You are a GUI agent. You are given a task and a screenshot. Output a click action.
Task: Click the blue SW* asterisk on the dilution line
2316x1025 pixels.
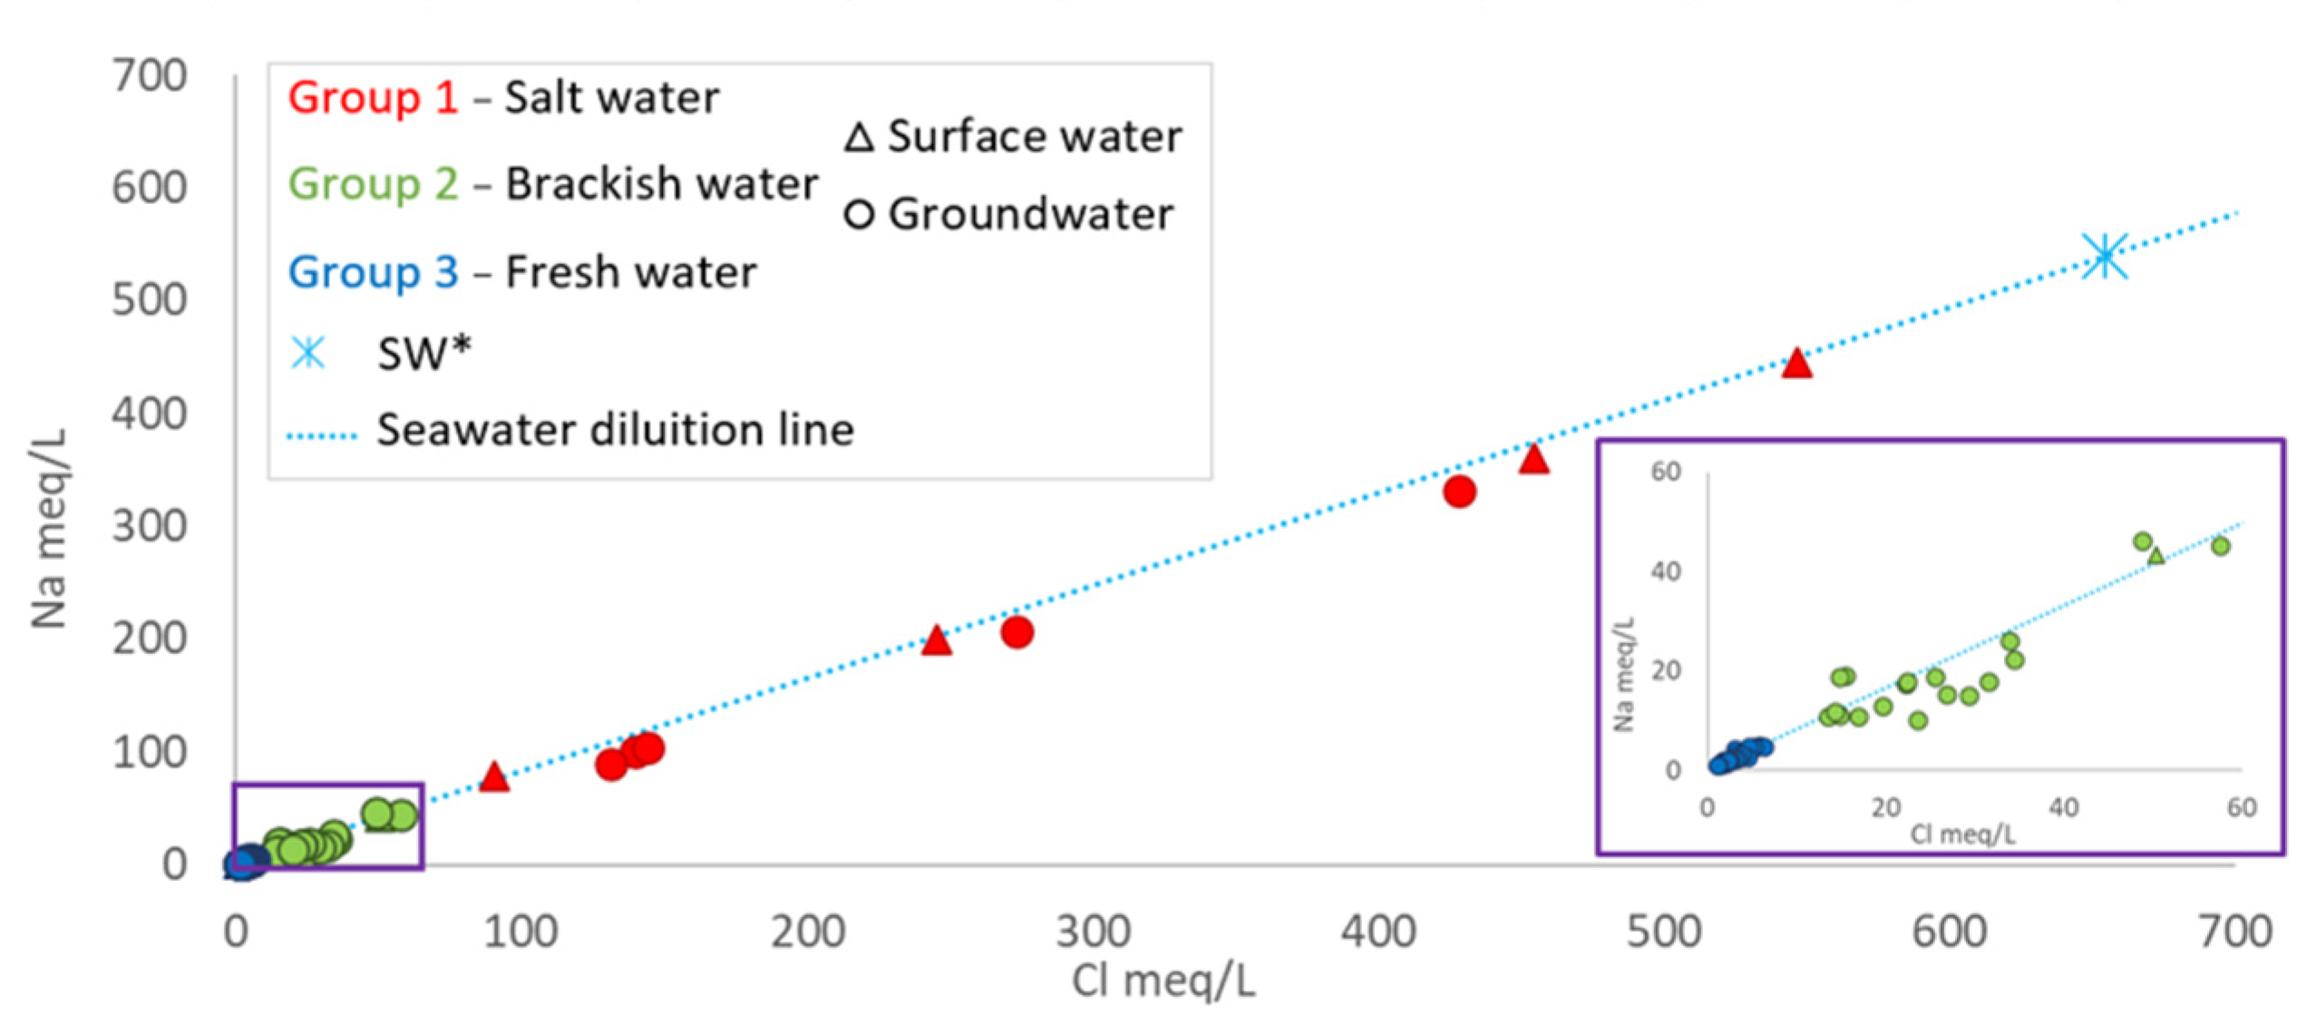(2104, 255)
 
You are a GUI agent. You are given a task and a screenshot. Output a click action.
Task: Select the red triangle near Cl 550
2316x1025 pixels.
(1795, 365)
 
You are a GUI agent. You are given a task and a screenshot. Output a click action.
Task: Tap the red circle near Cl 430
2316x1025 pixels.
(1458, 491)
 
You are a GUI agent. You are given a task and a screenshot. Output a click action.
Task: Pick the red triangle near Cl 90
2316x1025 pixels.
(493, 776)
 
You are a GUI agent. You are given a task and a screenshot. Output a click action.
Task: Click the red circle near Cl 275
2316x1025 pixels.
(1017, 631)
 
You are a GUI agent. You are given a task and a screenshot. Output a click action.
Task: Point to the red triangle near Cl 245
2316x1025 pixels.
(936, 641)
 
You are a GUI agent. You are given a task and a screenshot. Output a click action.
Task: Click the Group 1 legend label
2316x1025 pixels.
(372, 97)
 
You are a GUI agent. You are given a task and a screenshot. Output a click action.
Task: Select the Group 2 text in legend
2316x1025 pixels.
(372, 184)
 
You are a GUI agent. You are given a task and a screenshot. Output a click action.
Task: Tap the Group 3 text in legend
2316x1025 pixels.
(372, 272)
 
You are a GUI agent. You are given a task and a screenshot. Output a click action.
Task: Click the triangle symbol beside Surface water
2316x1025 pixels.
(858, 138)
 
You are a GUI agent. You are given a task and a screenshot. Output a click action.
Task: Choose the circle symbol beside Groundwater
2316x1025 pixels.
(858, 215)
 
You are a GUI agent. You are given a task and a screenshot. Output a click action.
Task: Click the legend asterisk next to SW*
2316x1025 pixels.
(307, 352)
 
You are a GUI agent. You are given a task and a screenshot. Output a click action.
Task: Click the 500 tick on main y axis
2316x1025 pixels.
(149, 300)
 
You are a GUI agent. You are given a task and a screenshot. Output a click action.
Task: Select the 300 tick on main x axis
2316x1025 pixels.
(1092, 932)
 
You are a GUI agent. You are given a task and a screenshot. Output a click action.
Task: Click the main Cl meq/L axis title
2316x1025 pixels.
(1163, 981)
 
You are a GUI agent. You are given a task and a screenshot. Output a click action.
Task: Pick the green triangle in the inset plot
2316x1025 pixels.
(2155, 555)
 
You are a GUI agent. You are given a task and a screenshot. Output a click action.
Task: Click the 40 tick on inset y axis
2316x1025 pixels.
(1665, 571)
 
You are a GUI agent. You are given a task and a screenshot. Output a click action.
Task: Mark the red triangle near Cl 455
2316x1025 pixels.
(1533, 460)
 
